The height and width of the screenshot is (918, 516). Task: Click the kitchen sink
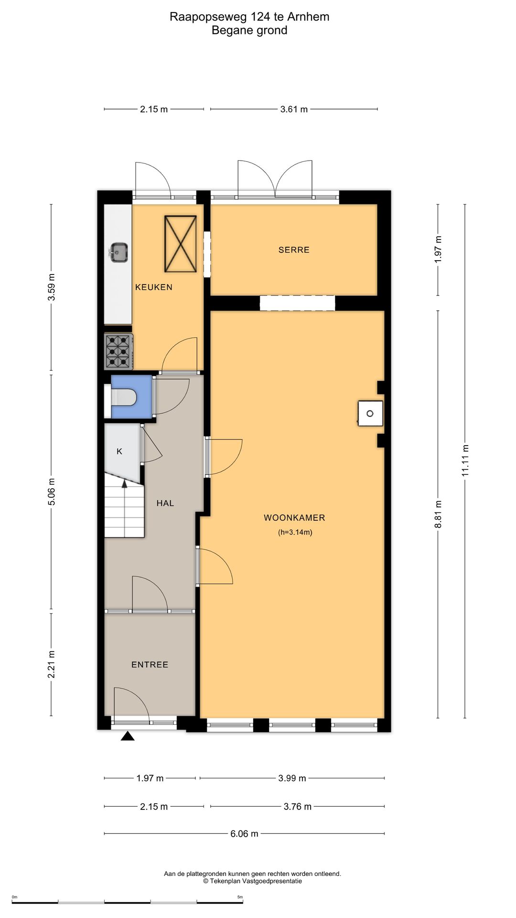tap(118, 252)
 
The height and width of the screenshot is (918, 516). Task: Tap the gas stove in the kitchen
tap(119, 351)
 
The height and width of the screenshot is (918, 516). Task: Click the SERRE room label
tap(294, 250)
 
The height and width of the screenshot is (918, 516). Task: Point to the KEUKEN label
tap(154, 287)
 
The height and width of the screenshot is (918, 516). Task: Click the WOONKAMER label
tap(294, 517)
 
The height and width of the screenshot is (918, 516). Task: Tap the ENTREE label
tap(150, 664)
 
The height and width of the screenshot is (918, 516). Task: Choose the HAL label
tap(165, 503)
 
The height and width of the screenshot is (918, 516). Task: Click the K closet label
tap(119, 451)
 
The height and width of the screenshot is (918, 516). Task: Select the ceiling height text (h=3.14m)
tap(295, 532)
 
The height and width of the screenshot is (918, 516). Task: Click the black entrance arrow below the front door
tap(127, 736)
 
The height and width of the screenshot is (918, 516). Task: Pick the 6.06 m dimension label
tap(244, 833)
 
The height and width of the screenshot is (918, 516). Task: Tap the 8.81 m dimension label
tap(438, 514)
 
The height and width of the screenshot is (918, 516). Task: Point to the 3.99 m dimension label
tap(292, 778)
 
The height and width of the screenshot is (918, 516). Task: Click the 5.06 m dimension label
tap(52, 492)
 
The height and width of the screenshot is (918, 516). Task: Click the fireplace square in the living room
tap(370, 413)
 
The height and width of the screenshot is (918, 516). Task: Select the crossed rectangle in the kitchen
tap(181, 244)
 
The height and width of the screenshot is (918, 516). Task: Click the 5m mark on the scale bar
tap(240, 897)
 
